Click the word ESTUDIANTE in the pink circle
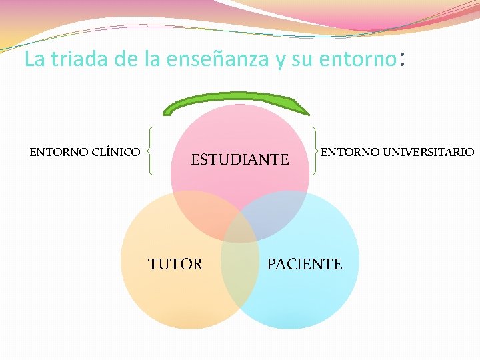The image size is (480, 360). point(240,160)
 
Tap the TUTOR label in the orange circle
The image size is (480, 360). point(175,264)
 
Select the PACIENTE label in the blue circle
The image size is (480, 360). point(304,264)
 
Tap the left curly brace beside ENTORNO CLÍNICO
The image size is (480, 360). point(152,151)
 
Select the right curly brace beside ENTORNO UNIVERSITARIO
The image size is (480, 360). point(314,151)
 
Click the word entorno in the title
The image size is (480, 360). point(357,59)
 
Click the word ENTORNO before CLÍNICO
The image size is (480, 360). point(58,152)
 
